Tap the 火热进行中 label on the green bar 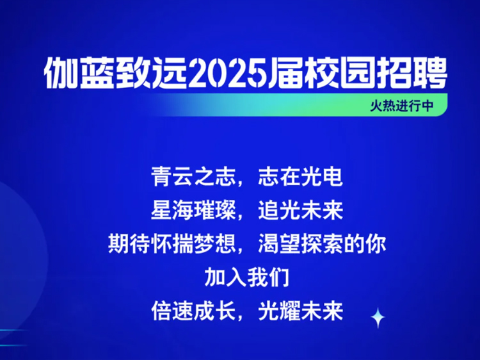402,106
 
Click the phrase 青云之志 194,177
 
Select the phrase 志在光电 300,177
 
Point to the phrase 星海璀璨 194,211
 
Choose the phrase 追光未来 300,211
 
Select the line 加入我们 247,277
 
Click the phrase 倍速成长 194,311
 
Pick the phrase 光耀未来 300,311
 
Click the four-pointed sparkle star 378,318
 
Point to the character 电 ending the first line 332,177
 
